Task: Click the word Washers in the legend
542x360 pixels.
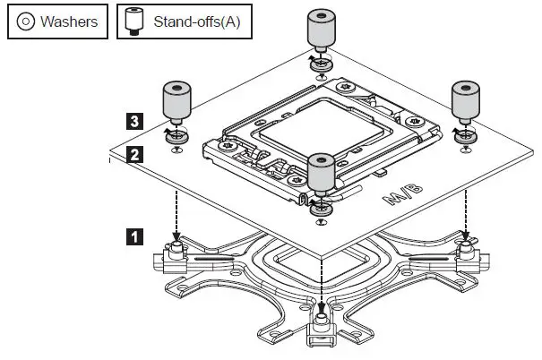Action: [68, 21]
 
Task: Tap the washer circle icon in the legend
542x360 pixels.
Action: [25, 21]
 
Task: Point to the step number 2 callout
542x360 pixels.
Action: [134, 154]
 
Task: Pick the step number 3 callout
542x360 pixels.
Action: [134, 119]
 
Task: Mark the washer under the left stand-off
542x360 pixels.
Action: [176, 136]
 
